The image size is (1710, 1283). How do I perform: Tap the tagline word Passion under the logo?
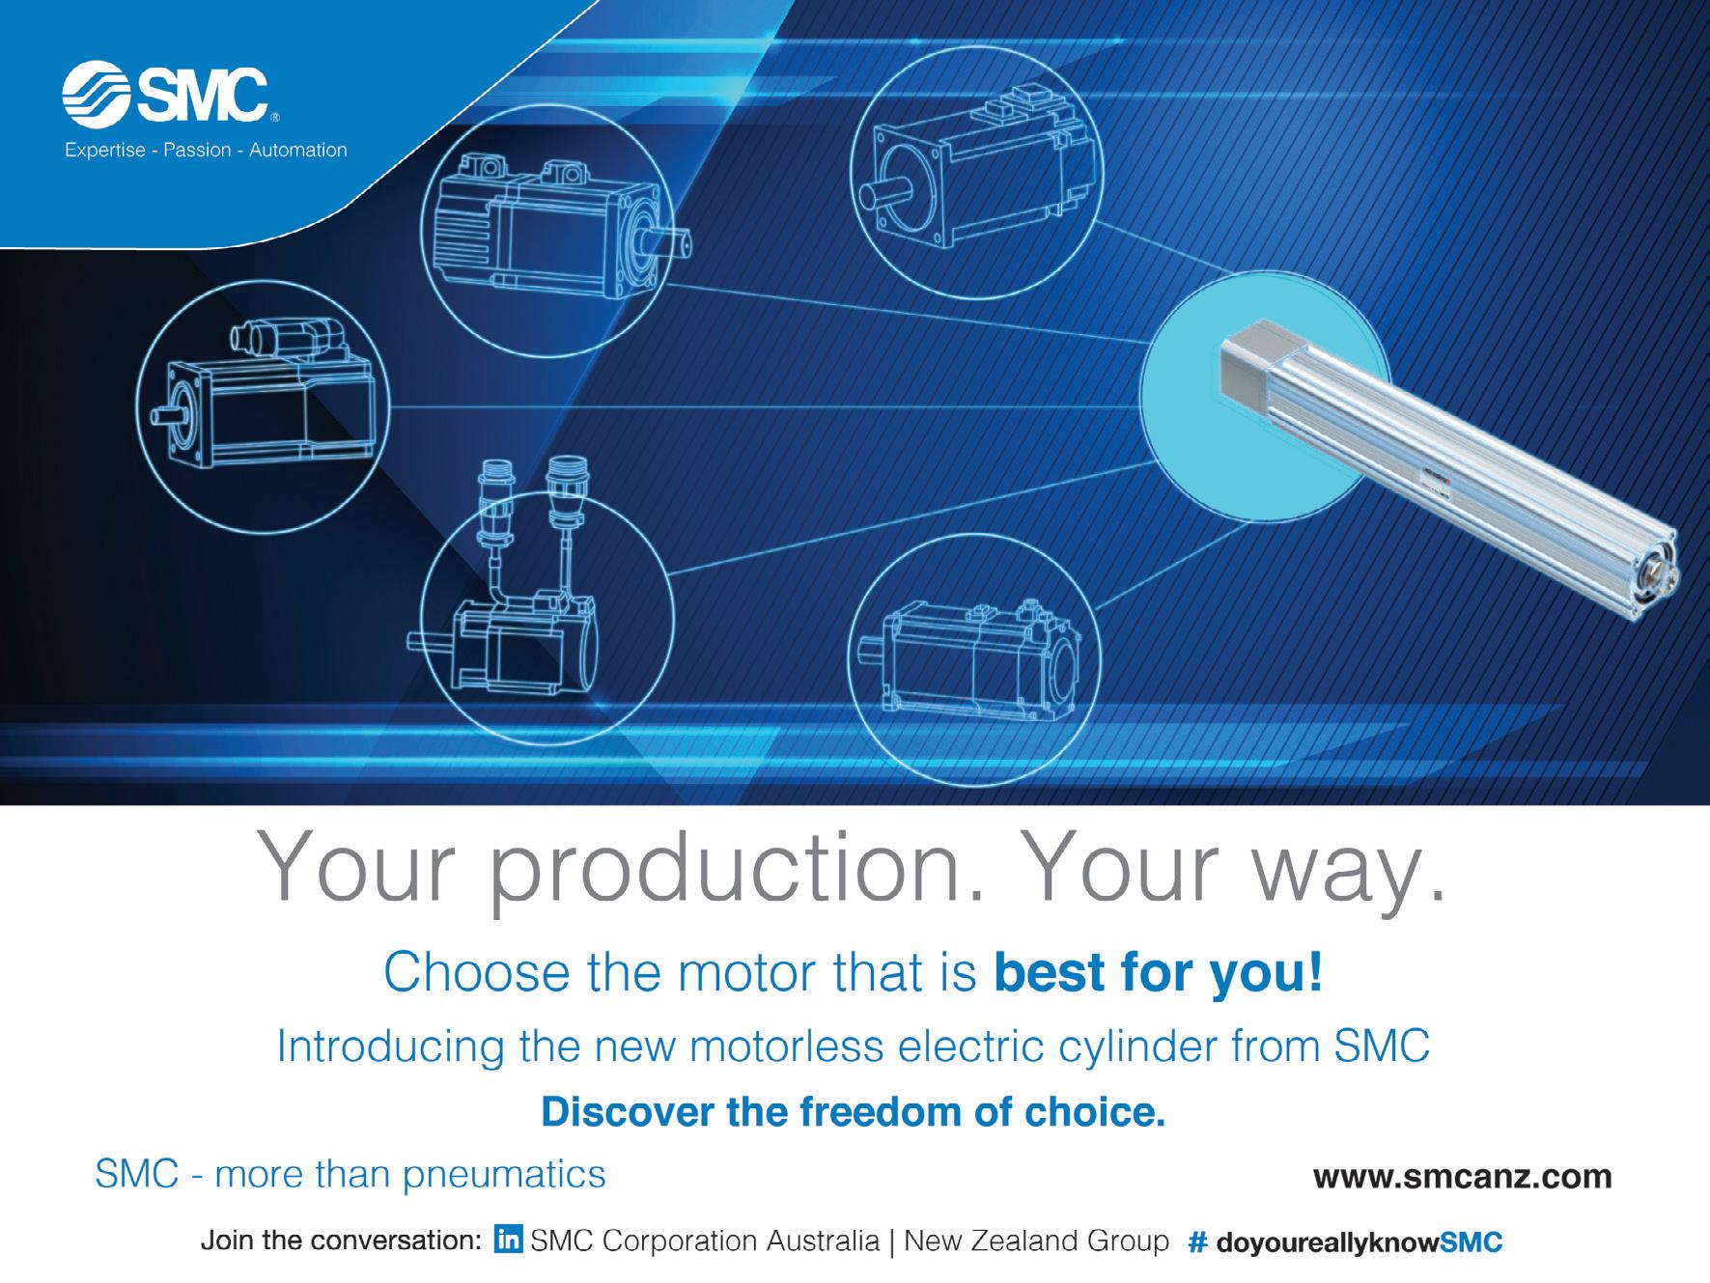pos(198,151)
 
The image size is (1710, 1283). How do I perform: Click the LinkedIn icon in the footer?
pos(509,1240)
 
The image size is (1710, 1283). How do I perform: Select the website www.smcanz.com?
pos(1462,1178)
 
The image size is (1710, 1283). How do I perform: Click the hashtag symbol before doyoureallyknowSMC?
pos(1198,1241)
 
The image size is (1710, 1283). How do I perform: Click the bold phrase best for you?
pos(1158,974)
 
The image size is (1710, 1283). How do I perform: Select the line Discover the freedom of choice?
pos(854,1113)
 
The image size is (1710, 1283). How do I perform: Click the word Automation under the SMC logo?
pos(298,151)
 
